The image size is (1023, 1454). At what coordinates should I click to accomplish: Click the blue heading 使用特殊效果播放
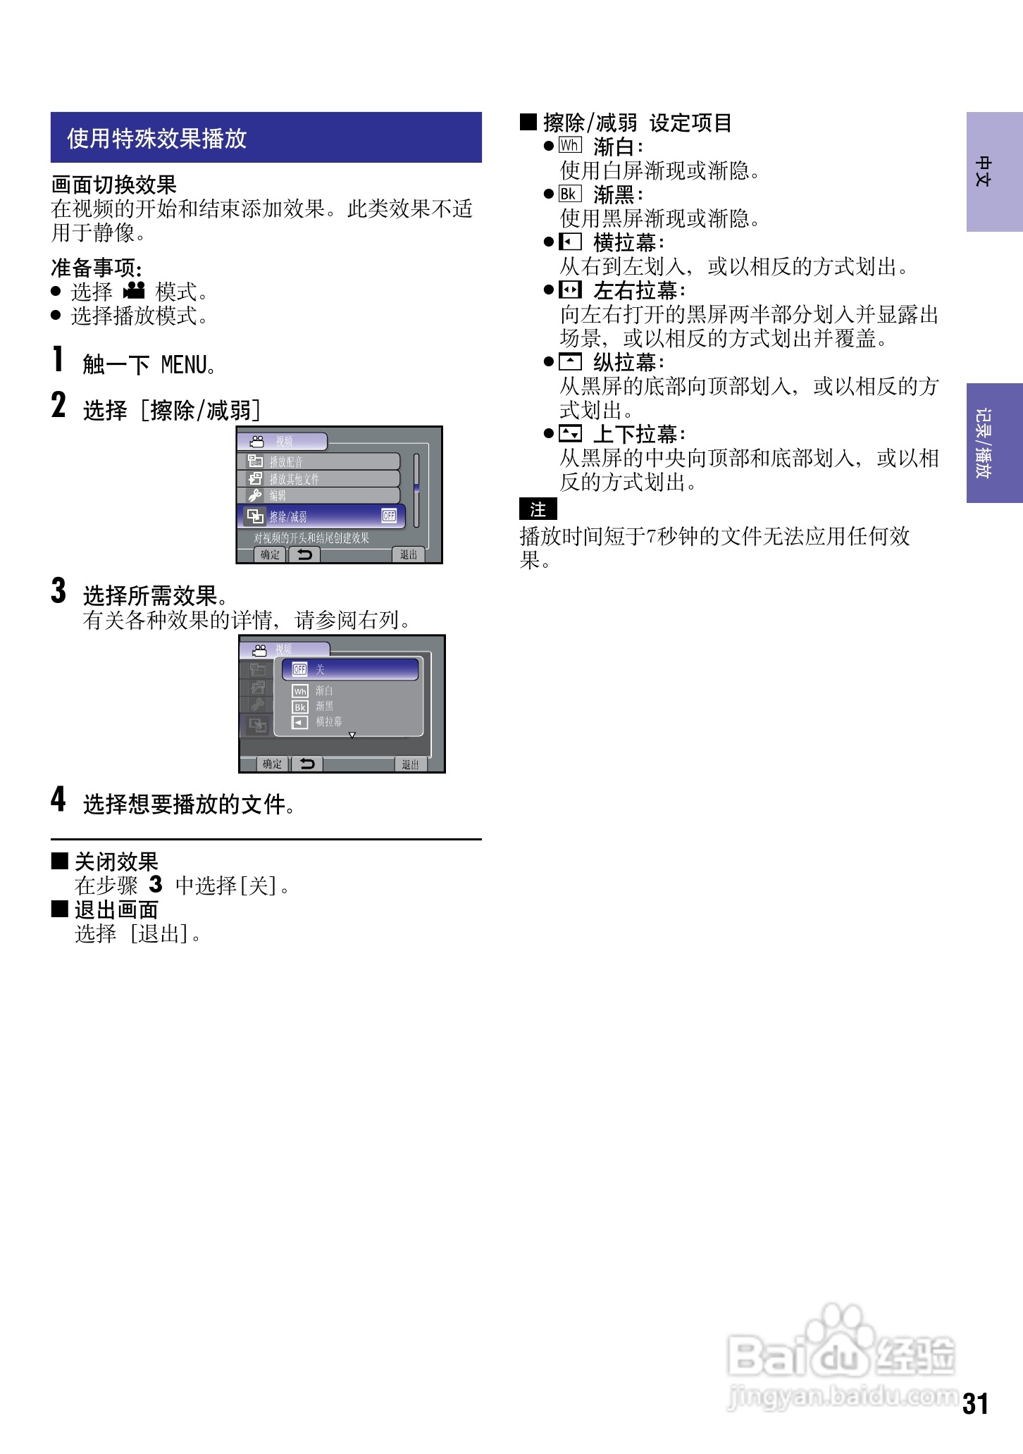point(157,138)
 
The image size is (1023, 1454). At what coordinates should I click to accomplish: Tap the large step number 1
point(58,359)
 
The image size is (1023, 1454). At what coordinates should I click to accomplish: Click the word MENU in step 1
point(185,365)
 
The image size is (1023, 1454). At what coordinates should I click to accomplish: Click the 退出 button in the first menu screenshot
point(409,554)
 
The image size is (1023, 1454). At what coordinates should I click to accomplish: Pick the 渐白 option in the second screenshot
point(324,691)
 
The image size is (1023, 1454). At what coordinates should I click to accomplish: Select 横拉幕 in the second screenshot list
point(328,722)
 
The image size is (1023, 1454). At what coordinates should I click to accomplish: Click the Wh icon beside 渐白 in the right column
point(569,146)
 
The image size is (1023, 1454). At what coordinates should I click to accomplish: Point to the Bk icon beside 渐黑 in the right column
point(569,194)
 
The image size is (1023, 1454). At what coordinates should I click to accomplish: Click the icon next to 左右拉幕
point(570,290)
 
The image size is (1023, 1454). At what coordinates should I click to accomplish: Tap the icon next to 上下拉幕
point(570,433)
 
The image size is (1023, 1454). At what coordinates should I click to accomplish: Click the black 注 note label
point(538,509)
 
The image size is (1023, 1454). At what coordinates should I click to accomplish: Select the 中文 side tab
point(994,172)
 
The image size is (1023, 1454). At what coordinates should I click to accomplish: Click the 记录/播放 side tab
point(994,442)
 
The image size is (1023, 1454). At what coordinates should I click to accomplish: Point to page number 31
point(976,1404)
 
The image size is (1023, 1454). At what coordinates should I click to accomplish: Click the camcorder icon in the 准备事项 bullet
point(134,290)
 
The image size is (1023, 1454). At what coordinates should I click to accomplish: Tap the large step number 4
point(58,800)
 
